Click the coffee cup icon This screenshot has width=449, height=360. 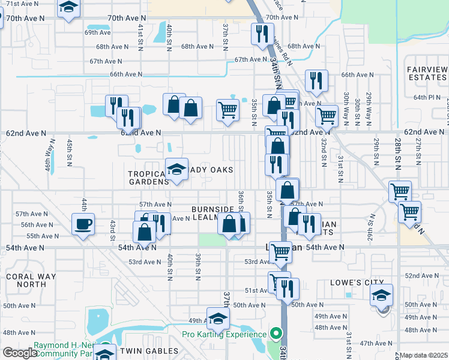(83, 224)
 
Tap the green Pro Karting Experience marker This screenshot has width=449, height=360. (276, 333)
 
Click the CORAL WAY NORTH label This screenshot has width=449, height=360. (25, 280)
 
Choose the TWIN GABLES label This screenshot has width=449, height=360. (149, 350)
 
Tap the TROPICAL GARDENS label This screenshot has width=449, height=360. (148, 178)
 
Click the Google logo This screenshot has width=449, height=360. (19, 352)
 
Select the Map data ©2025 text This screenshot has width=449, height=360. (424, 355)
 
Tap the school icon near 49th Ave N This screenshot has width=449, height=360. (218, 318)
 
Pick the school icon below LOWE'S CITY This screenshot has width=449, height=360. (381, 295)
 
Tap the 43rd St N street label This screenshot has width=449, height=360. (112, 228)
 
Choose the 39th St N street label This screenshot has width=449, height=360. (197, 266)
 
